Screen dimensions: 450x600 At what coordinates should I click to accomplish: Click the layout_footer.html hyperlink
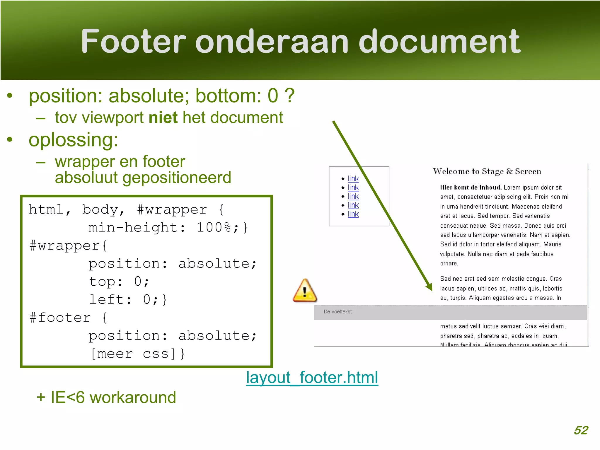click(x=312, y=377)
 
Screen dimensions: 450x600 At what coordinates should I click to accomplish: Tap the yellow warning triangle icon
click(x=305, y=291)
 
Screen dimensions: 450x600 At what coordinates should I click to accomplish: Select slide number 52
click(x=581, y=430)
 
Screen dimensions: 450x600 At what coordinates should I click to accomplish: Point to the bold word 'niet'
click(x=163, y=117)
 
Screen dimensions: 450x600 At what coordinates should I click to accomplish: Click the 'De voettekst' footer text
click(x=337, y=312)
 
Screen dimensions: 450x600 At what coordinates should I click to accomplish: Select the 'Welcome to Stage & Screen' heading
click(x=487, y=171)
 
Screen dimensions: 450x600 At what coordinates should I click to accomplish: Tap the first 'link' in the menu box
click(x=353, y=178)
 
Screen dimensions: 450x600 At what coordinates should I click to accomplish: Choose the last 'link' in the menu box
click(x=353, y=214)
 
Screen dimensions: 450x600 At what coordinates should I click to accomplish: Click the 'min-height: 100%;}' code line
click(x=168, y=228)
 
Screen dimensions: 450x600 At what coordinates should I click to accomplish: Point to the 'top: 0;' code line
click(x=119, y=282)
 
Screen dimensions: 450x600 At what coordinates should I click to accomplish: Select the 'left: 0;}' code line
click(x=128, y=300)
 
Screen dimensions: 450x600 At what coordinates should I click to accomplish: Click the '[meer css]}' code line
click(x=138, y=354)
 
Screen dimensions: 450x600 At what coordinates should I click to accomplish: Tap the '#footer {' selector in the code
click(x=69, y=318)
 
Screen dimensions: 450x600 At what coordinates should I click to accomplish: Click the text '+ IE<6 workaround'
click(x=106, y=398)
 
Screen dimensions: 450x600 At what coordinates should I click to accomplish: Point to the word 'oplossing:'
click(x=73, y=140)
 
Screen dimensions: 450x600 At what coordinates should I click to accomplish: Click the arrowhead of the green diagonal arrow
click(x=429, y=287)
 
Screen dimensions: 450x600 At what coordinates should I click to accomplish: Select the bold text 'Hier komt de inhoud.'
click(x=471, y=187)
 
